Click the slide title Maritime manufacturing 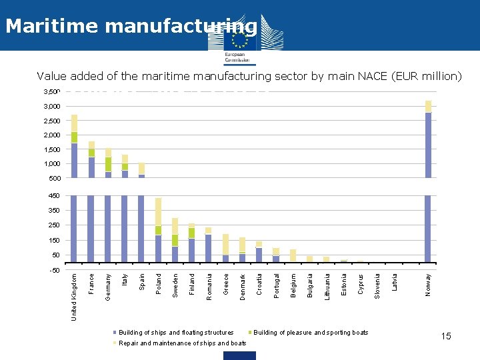(x=130, y=26)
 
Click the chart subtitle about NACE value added (x=249, y=76)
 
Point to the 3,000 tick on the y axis (x=53, y=107)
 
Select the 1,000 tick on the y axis (x=53, y=164)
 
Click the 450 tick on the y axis (x=55, y=196)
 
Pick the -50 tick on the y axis (x=55, y=271)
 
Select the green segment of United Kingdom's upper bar (x=74, y=137)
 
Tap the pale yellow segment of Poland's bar (x=158, y=211)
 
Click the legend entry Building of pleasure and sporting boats (x=310, y=332)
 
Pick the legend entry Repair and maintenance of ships (x=182, y=343)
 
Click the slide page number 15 (x=446, y=336)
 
